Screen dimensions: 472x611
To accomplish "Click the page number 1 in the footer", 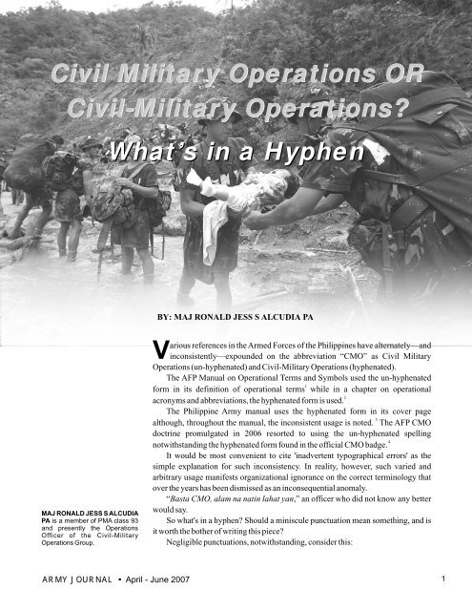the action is tap(459, 577).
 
